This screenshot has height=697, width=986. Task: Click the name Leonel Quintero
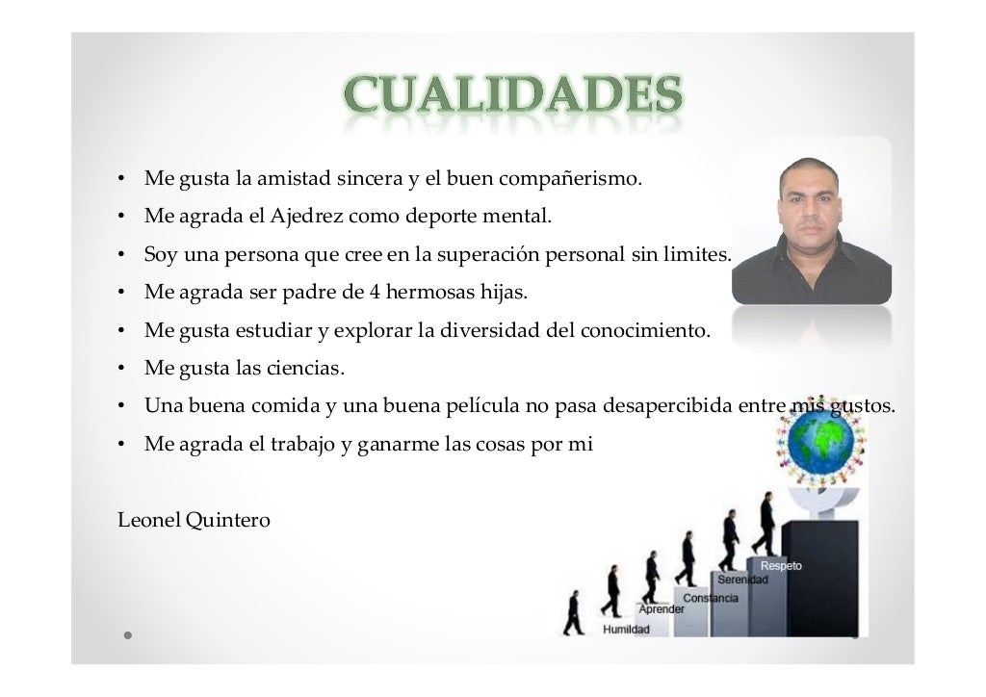click(x=194, y=521)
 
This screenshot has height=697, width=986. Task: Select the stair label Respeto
click(x=781, y=565)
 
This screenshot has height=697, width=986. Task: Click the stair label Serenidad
click(x=742, y=581)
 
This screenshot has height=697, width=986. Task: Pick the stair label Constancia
click(x=711, y=598)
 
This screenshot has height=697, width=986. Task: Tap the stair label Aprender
click(x=662, y=608)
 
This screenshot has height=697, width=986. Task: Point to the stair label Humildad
click(x=626, y=630)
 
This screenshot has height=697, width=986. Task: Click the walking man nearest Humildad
click(x=574, y=613)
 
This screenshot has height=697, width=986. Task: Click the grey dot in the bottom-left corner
click(x=127, y=636)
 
